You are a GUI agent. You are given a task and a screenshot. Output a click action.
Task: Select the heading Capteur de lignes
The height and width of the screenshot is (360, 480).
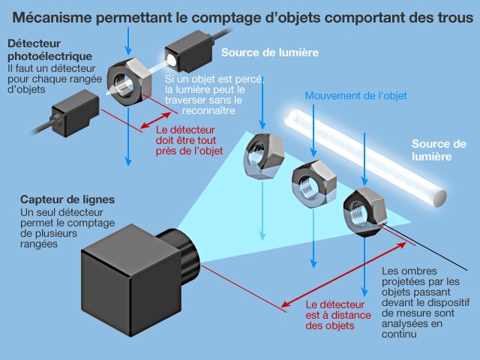click(x=67, y=199)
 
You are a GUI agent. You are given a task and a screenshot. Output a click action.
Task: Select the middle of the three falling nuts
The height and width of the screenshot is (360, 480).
click(x=310, y=181)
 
